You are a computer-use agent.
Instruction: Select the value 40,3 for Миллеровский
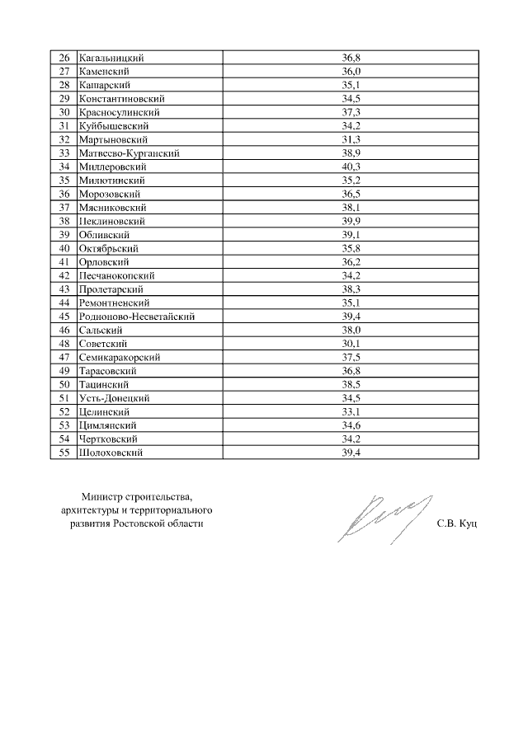(x=351, y=167)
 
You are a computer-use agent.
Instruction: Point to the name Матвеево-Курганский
(x=129, y=153)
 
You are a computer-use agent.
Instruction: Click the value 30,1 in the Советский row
(x=351, y=343)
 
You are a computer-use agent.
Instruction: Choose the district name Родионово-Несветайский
(x=137, y=316)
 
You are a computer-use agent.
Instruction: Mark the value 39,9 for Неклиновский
(x=351, y=221)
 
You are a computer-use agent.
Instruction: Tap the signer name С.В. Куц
(x=458, y=523)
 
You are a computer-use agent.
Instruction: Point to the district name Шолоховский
(x=111, y=452)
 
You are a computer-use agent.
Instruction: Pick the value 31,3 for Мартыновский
(x=351, y=139)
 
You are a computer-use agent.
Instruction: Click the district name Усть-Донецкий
(x=114, y=397)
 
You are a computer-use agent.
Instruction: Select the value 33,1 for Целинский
(x=351, y=411)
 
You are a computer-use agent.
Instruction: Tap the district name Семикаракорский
(x=120, y=357)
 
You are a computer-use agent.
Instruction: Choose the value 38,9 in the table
(x=351, y=153)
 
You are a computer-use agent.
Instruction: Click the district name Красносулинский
(x=119, y=112)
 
